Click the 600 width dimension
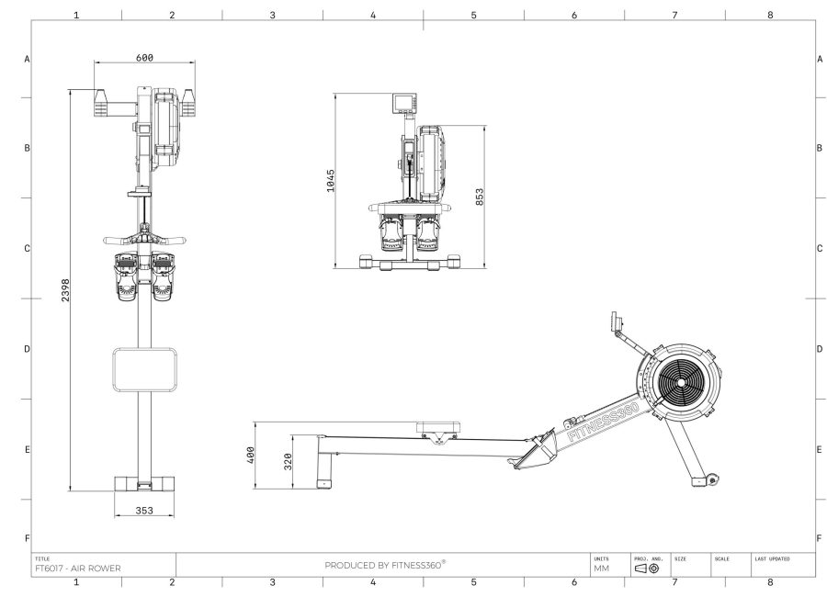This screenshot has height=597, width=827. click(x=144, y=58)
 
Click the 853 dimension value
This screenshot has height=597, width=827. click(x=479, y=197)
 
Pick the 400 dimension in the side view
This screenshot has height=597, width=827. click(x=251, y=456)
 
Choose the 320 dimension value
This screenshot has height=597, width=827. click(x=288, y=462)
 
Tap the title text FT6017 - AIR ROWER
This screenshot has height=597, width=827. click(x=77, y=568)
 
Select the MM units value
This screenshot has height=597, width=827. click(x=601, y=569)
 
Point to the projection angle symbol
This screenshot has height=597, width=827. click(x=646, y=569)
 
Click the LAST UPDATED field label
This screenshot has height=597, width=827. click(x=772, y=558)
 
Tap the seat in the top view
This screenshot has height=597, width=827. click(x=144, y=368)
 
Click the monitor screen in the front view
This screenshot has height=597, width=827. click(x=405, y=101)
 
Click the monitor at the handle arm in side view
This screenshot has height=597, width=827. click(x=613, y=321)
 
